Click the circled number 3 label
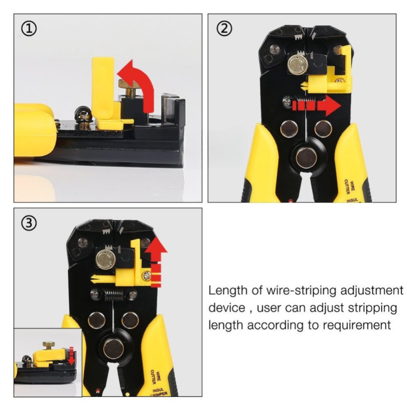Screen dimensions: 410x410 point(30,223)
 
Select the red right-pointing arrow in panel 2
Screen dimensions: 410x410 point(316,106)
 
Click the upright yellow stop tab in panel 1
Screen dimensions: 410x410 point(103,88)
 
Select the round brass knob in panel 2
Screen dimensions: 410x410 point(297,64)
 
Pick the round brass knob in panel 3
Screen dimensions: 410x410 point(106,259)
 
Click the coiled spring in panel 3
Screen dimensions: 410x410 point(115,295)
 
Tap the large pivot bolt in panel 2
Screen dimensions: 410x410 point(306,157)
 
